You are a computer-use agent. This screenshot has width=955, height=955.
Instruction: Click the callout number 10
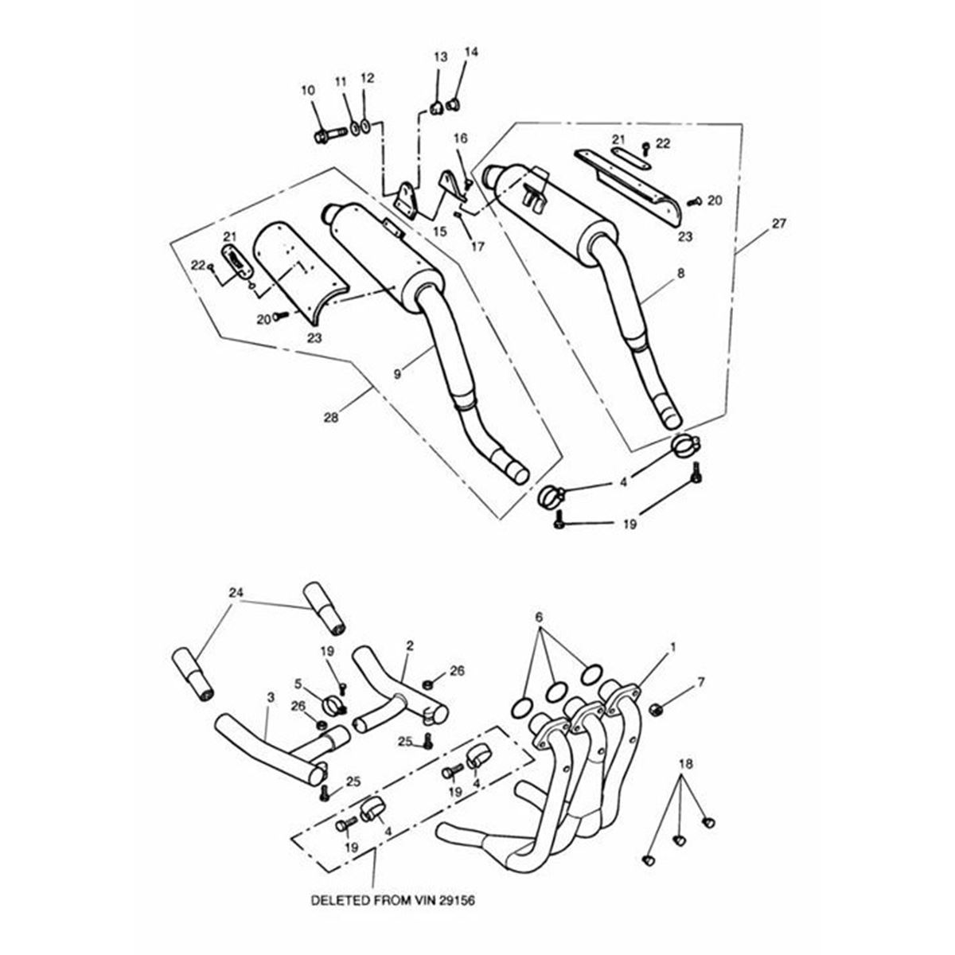click(307, 92)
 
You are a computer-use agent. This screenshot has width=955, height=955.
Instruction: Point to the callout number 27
click(778, 224)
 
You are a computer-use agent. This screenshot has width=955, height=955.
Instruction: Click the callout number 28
click(329, 417)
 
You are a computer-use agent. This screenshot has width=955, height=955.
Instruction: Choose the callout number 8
click(680, 273)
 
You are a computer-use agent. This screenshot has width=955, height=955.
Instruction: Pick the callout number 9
click(396, 370)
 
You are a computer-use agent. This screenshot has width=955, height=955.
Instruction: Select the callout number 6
click(539, 618)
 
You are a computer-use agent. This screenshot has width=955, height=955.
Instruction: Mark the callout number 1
click(674, 648)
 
